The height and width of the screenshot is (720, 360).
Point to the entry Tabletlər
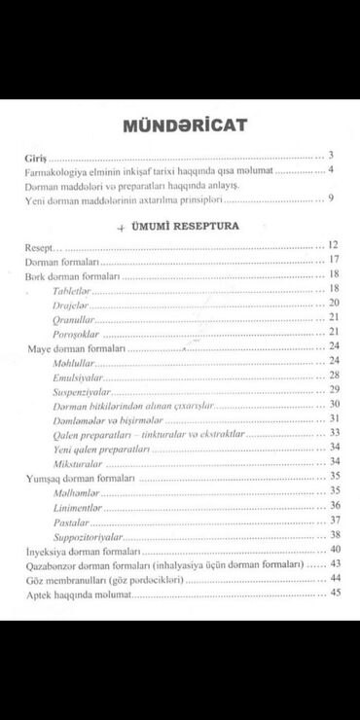point(74,290)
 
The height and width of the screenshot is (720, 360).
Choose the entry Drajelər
point(72,305)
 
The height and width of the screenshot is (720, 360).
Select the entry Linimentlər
point(81,506)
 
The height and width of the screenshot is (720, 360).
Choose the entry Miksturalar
point(78,460)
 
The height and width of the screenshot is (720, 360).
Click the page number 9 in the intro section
point(332,199)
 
